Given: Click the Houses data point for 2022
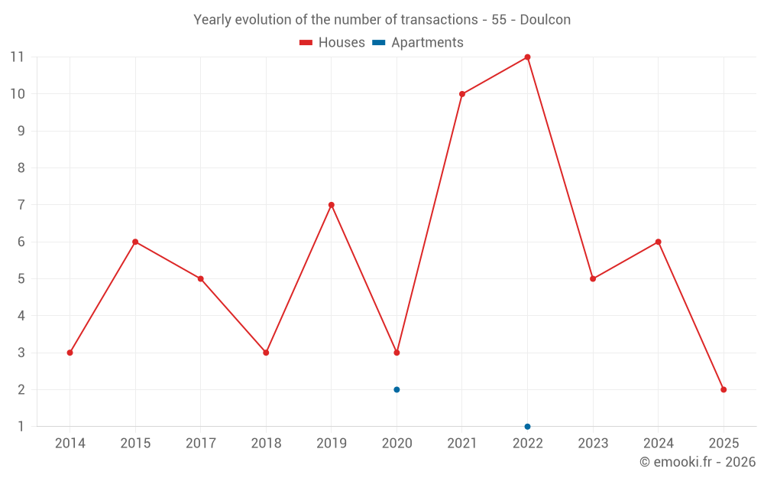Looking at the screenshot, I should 527,57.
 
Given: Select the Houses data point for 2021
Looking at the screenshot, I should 462,94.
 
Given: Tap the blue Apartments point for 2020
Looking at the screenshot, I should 397,389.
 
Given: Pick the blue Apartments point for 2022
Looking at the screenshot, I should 527,426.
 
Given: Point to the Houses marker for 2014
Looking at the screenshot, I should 70,353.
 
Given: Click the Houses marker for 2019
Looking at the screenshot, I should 332,205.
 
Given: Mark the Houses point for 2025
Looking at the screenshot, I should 724,389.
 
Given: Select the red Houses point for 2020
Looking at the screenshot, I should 397,353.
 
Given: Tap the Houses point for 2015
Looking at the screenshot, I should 135,242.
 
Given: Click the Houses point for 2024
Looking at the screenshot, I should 658,242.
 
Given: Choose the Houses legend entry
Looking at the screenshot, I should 332,43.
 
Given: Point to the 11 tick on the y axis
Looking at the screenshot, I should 18,57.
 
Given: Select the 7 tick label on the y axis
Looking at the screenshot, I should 21,205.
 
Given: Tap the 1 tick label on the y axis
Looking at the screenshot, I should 21,426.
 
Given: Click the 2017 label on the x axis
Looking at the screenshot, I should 201,444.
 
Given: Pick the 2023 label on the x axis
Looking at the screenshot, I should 593,444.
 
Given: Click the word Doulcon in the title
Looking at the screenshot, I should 545,20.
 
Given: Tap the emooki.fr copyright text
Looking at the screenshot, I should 697,462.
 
